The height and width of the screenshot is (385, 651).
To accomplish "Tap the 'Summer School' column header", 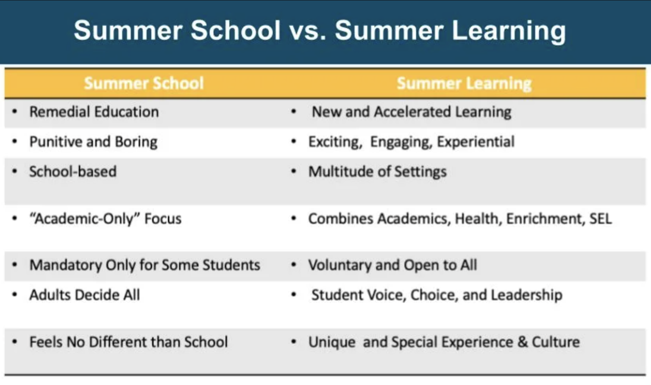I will [144, 83].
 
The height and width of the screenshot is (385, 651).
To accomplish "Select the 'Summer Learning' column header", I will [464, 83].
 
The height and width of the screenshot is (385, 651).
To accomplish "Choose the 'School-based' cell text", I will [72, 172].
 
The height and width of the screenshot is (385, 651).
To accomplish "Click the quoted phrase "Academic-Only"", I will [84, 219].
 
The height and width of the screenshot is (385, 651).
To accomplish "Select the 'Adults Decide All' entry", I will [84, 295].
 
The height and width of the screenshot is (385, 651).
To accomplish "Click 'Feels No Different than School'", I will [128, 342].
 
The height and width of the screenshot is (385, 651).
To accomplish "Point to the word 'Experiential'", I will [476, 141].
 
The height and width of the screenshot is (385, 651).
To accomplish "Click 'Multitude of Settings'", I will [377, 172].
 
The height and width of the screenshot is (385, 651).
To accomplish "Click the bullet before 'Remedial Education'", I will [15, 112].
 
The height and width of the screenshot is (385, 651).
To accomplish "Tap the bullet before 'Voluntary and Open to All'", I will [293, 265].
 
